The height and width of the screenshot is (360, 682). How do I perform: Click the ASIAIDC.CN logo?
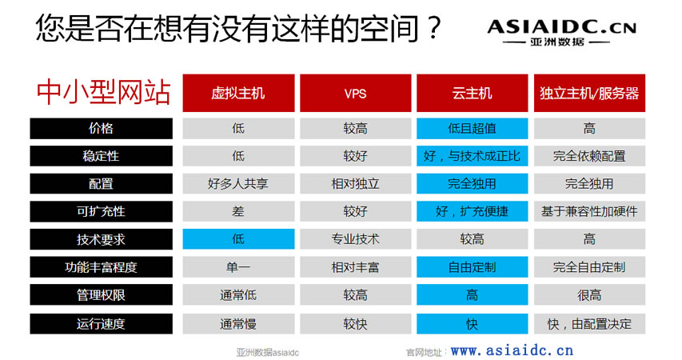pos(561,32)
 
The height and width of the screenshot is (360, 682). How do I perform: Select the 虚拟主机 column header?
pos(238,93)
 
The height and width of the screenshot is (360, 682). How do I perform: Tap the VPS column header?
pos(355,93)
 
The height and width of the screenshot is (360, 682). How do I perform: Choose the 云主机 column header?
pos(472,93)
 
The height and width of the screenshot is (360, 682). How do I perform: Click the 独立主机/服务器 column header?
pos(589,93)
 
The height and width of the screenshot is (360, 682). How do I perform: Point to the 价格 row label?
pos(101,129)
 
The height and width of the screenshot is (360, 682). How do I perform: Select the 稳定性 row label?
pos(101,156)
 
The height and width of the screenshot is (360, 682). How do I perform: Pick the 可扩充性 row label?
pos(101,211)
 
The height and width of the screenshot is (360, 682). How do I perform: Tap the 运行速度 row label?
pos(101,324)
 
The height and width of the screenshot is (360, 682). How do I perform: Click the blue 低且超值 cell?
pos(472,129)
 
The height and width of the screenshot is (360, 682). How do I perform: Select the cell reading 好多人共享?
pos(238,184)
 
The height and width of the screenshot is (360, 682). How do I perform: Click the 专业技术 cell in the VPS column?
pos(355,239)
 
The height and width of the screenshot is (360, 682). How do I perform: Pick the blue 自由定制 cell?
pos(472,267)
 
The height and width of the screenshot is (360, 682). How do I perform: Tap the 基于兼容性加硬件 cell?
pos(589,211)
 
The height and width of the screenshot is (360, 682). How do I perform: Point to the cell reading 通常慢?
pos(238,324)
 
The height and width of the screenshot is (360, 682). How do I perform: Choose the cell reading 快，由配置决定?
pos(589,324)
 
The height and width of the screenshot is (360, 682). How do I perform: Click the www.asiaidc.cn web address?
pos(512,350)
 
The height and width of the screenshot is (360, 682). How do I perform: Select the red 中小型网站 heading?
pos(103,92)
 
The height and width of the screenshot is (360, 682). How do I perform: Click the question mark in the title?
pos(433,28)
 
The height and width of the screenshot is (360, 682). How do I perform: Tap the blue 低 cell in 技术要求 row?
pos(238,239)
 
